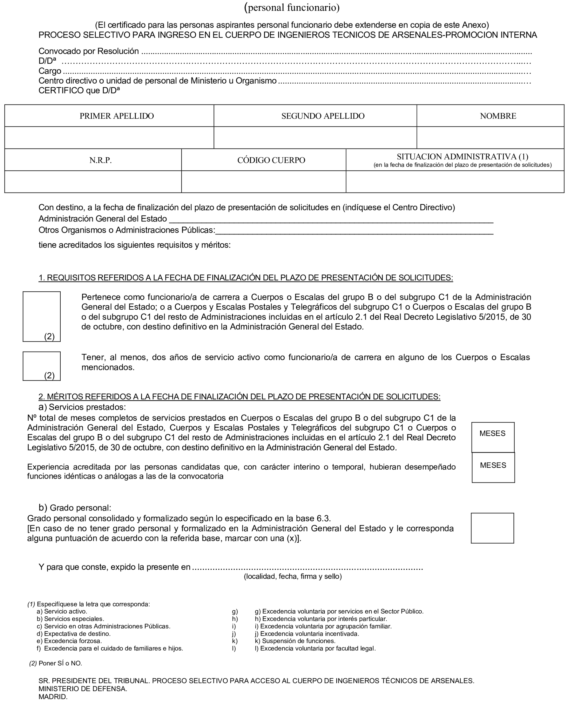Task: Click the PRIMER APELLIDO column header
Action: point(116,116)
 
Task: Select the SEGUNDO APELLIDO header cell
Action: point(323,116)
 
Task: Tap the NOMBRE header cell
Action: point(498,116)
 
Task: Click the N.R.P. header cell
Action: point(100,160)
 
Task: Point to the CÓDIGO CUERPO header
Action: point(271,160)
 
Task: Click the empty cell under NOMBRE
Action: point(490,138)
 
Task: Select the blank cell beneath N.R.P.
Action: point(93,182)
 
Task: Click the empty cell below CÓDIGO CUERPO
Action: point(263,182)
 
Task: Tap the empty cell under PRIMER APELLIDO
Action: point(109,138)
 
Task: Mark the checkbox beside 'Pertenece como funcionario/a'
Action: point(42,316)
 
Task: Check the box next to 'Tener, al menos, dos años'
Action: point(42,366)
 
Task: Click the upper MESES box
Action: point(492,437)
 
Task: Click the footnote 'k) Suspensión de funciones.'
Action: point(298,641)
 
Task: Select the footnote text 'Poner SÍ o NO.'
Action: point(60,663)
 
